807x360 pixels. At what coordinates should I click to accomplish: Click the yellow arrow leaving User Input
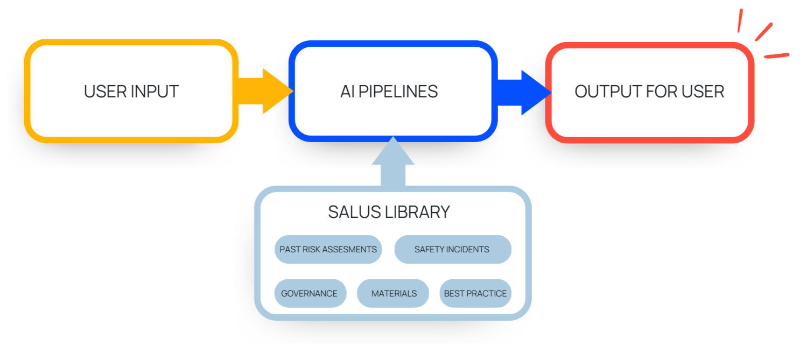coord(264,91)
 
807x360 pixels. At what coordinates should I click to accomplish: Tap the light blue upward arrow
coord(393,161)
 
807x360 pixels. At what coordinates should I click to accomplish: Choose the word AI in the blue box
coord(347,91)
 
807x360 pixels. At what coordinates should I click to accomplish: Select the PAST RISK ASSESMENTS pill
coord(328,249)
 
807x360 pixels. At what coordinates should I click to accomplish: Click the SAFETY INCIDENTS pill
coord(452,249)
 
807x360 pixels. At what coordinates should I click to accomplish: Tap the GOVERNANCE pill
coord(310,293)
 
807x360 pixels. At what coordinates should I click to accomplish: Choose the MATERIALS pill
coord(394,293)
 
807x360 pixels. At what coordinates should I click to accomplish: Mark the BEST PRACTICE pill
coord(475,293)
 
